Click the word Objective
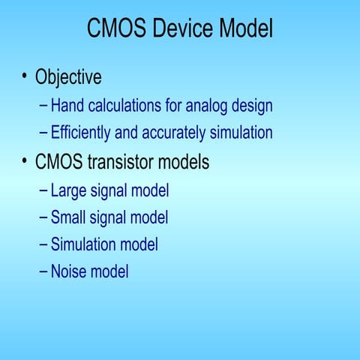pos(68,77)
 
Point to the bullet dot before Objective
pos(25,76)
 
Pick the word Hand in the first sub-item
pos(66,106)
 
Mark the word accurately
pos(175,133)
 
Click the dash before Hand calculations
pos(44,106)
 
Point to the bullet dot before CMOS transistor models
pos(25,160)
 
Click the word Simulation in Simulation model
pos(83,244)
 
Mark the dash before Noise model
pos(44,271)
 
